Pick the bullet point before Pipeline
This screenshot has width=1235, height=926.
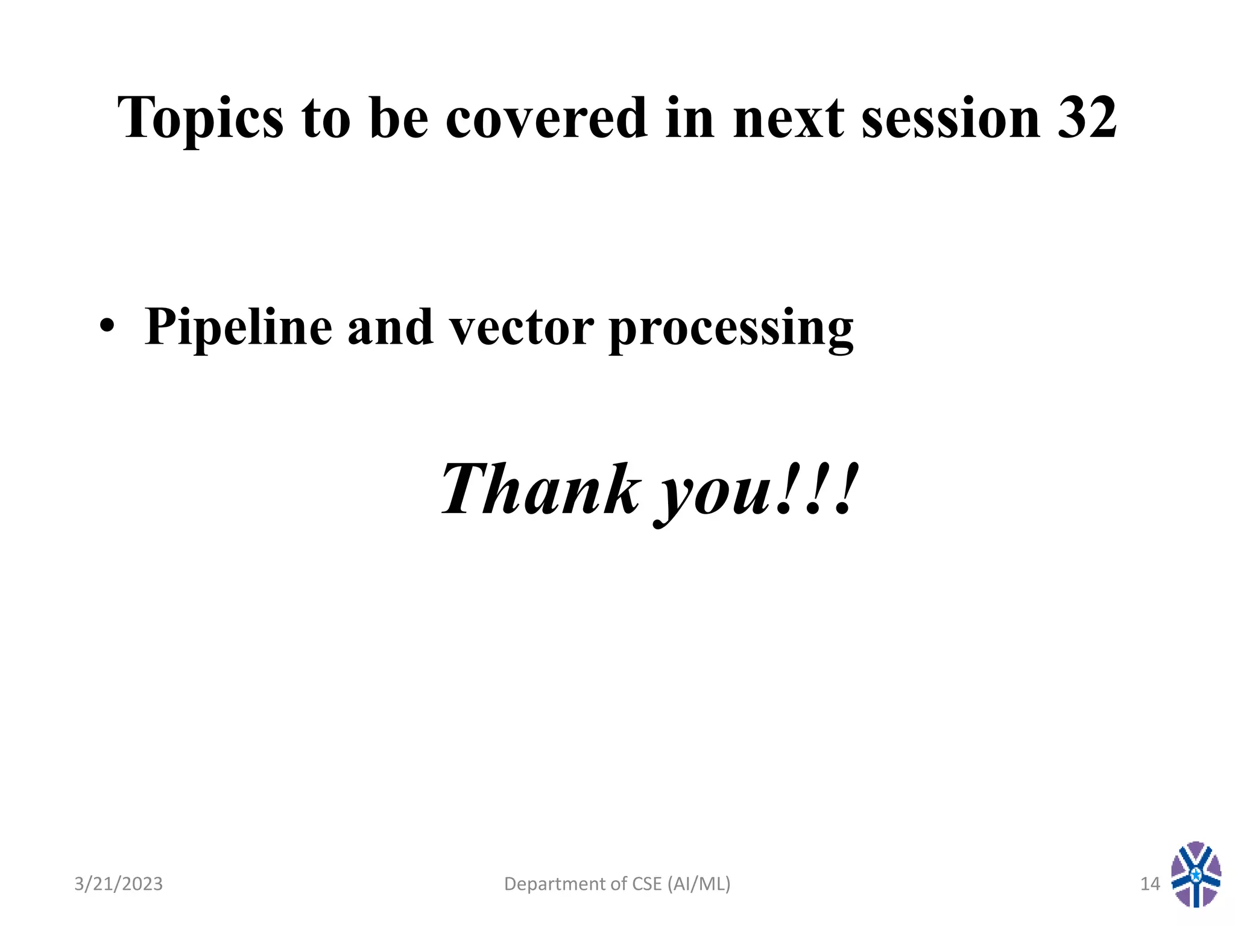107,326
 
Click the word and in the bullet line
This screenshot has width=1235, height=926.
390,327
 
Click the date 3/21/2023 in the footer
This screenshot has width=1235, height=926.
118,884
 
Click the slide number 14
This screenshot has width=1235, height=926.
1150,884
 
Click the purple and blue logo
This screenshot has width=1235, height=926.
1196,875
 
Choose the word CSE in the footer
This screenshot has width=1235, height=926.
646,884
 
